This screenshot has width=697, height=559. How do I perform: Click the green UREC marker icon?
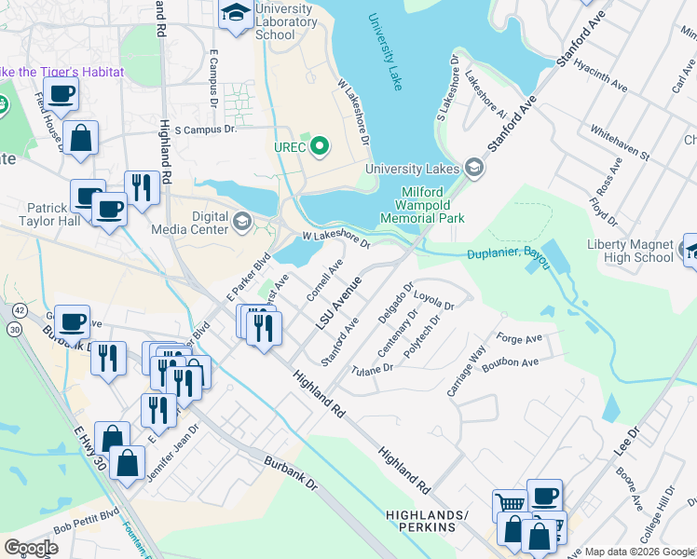[321, 146]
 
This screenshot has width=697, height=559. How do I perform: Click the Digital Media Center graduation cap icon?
[242, 220]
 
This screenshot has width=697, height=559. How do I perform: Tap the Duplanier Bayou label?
[507, 258]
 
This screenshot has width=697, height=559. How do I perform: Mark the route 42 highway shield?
[16, 309]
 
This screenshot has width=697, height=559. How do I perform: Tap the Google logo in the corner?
[32, 547]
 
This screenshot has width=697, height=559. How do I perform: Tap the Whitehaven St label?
[620, 143]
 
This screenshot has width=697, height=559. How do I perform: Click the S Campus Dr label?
[205, 130]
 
